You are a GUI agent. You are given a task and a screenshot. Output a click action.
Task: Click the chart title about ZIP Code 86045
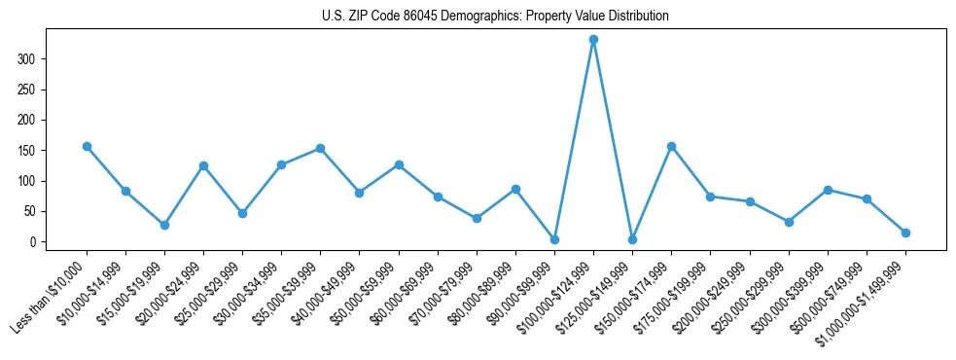point(495,17)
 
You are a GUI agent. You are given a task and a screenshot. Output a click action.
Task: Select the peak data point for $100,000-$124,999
point(593,40)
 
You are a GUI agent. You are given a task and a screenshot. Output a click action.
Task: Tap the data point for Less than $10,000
point(87,146)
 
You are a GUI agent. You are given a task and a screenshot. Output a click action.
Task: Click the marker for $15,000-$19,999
point(164,225)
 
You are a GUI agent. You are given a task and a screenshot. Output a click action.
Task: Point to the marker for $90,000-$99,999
point(554,239)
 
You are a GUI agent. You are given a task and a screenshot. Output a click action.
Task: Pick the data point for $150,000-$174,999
point(671,146)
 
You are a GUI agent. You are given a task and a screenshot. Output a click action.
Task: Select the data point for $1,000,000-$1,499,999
point(905,233)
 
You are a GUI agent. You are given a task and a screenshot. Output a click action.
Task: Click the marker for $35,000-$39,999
point(320,149)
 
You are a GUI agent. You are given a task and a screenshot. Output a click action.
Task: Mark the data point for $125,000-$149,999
point(632,239)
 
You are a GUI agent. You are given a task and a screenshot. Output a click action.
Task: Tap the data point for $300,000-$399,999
point(828,190)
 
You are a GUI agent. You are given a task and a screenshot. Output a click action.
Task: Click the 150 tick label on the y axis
point(28,151)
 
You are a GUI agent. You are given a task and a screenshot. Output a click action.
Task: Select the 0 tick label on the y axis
point(34,242)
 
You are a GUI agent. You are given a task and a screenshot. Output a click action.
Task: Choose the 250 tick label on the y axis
point(28,90)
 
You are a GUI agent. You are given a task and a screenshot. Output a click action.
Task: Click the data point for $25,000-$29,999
point(242,213)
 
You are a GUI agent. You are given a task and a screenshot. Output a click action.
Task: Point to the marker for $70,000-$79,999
point(477,218)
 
